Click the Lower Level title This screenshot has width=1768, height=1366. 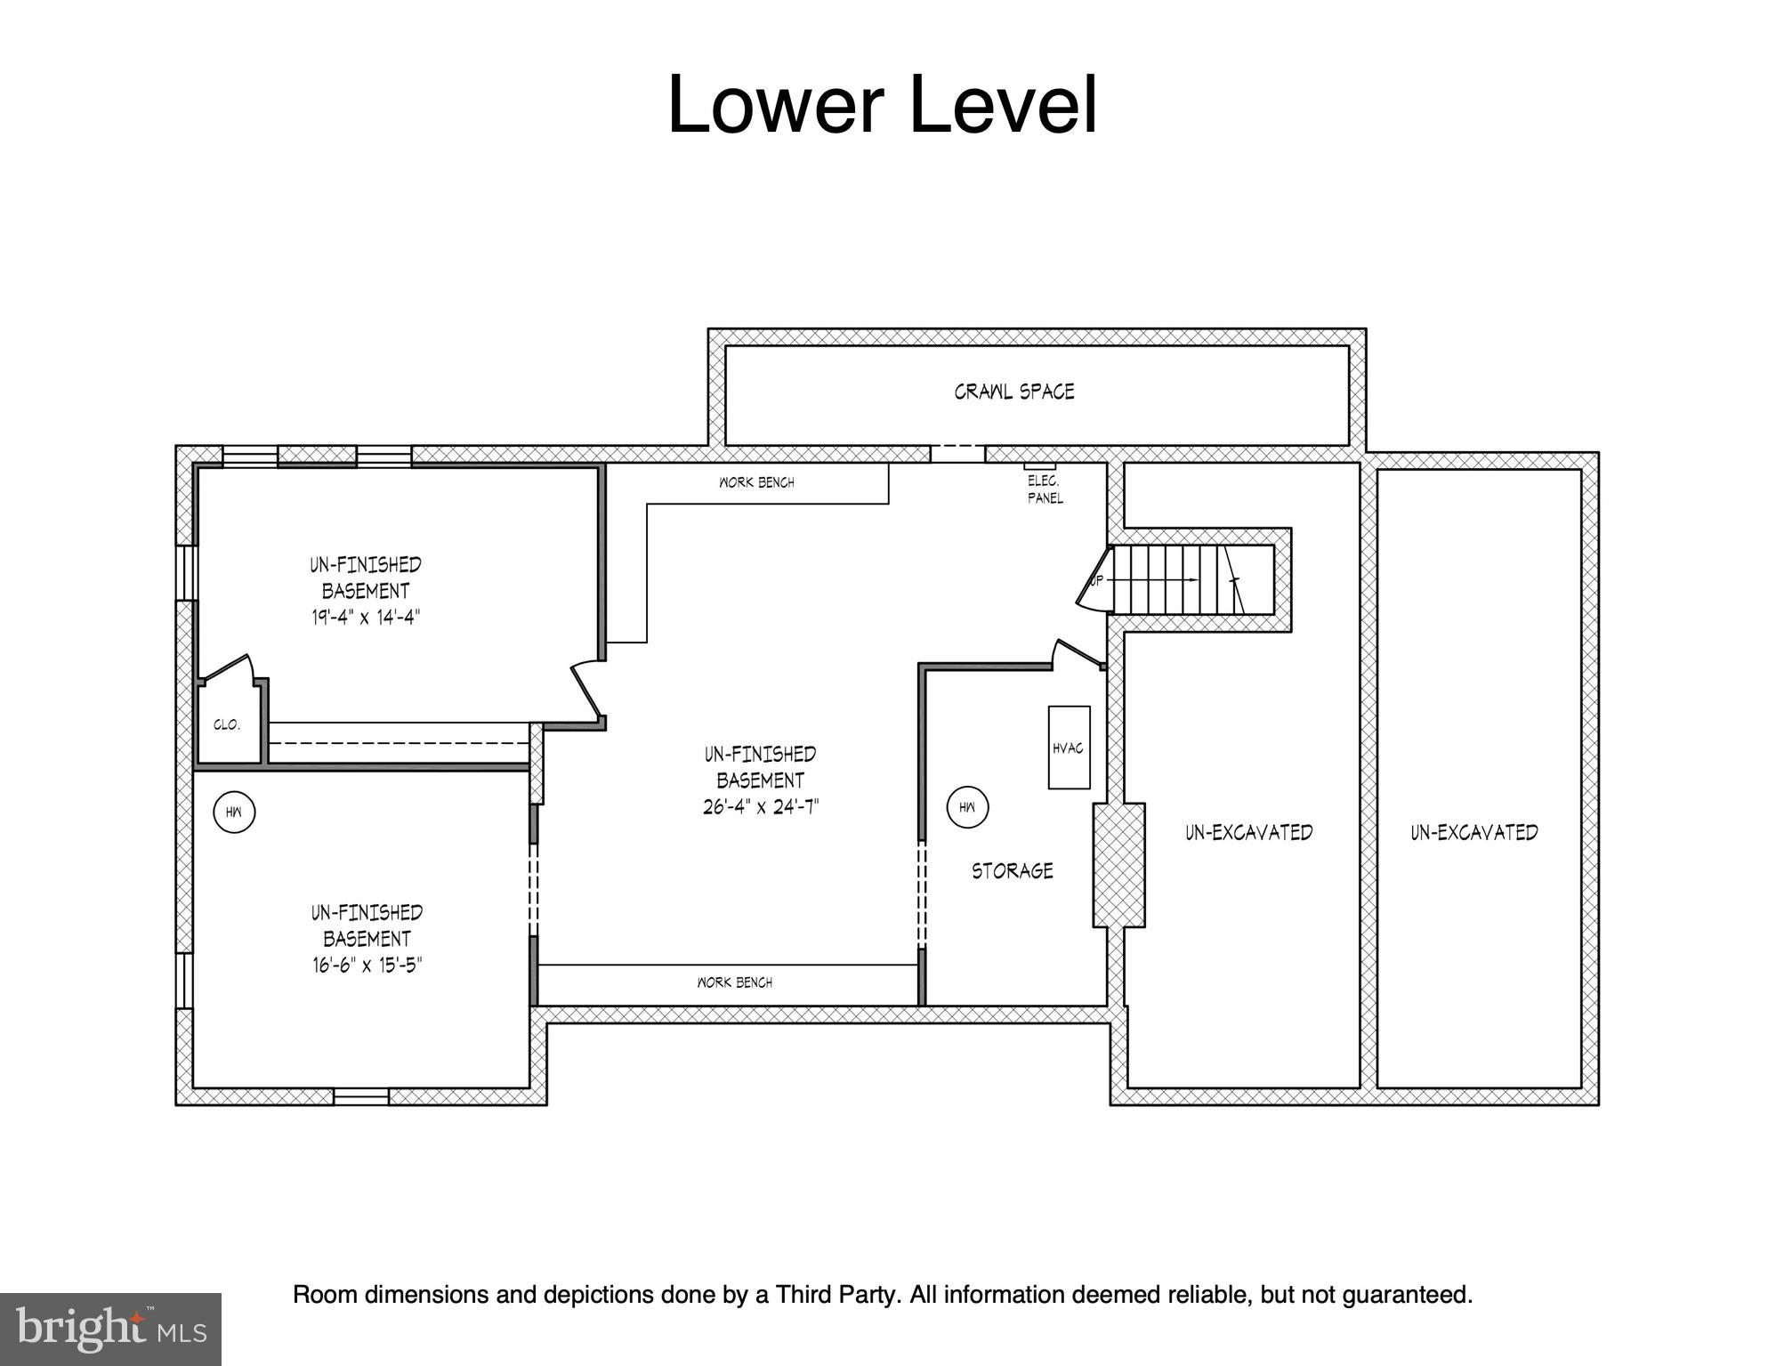pyautogui.click(x=882, y=105)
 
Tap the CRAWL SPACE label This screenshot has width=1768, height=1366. pyautogui.click(x=1013, y=392)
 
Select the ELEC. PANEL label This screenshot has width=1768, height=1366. pyautogui.click(x=1045, y=489)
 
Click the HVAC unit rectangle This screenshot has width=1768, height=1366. pyautogui.click(x=1068, y=748)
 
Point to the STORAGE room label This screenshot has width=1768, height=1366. pyautogui.click(x=1012, y=870)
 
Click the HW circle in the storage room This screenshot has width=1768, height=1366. pyautogui.click(x=967, y=807)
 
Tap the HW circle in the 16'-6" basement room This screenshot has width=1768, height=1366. pyautogui.click(x=234, y=812)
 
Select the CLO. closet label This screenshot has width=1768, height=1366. pyautogui.click(x=227, y=725)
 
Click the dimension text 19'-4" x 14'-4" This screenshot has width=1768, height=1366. pyautogui.click(x=365, y=617)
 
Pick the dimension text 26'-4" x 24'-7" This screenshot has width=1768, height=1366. pyautogui.click(x=760, y=807)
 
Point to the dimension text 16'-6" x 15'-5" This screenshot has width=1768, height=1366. pyautogui.click(x=366, y=965)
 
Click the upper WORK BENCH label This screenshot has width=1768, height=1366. pyautogui.click(x=756, y=482)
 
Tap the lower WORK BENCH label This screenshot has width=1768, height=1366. pyautogui.click(x=734, y=982)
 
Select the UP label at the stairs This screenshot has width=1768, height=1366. pyautogui.click(x=1097, y=580)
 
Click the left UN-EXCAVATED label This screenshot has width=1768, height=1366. pyautogui.click(x=1248, y=832)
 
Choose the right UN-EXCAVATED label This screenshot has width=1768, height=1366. pyautogui.click(x=1473, y=832)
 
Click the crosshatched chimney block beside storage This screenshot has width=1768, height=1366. pyautogui.click(x=1118, y=865)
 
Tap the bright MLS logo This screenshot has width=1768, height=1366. pyautogui.click(x=110, y=1330)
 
